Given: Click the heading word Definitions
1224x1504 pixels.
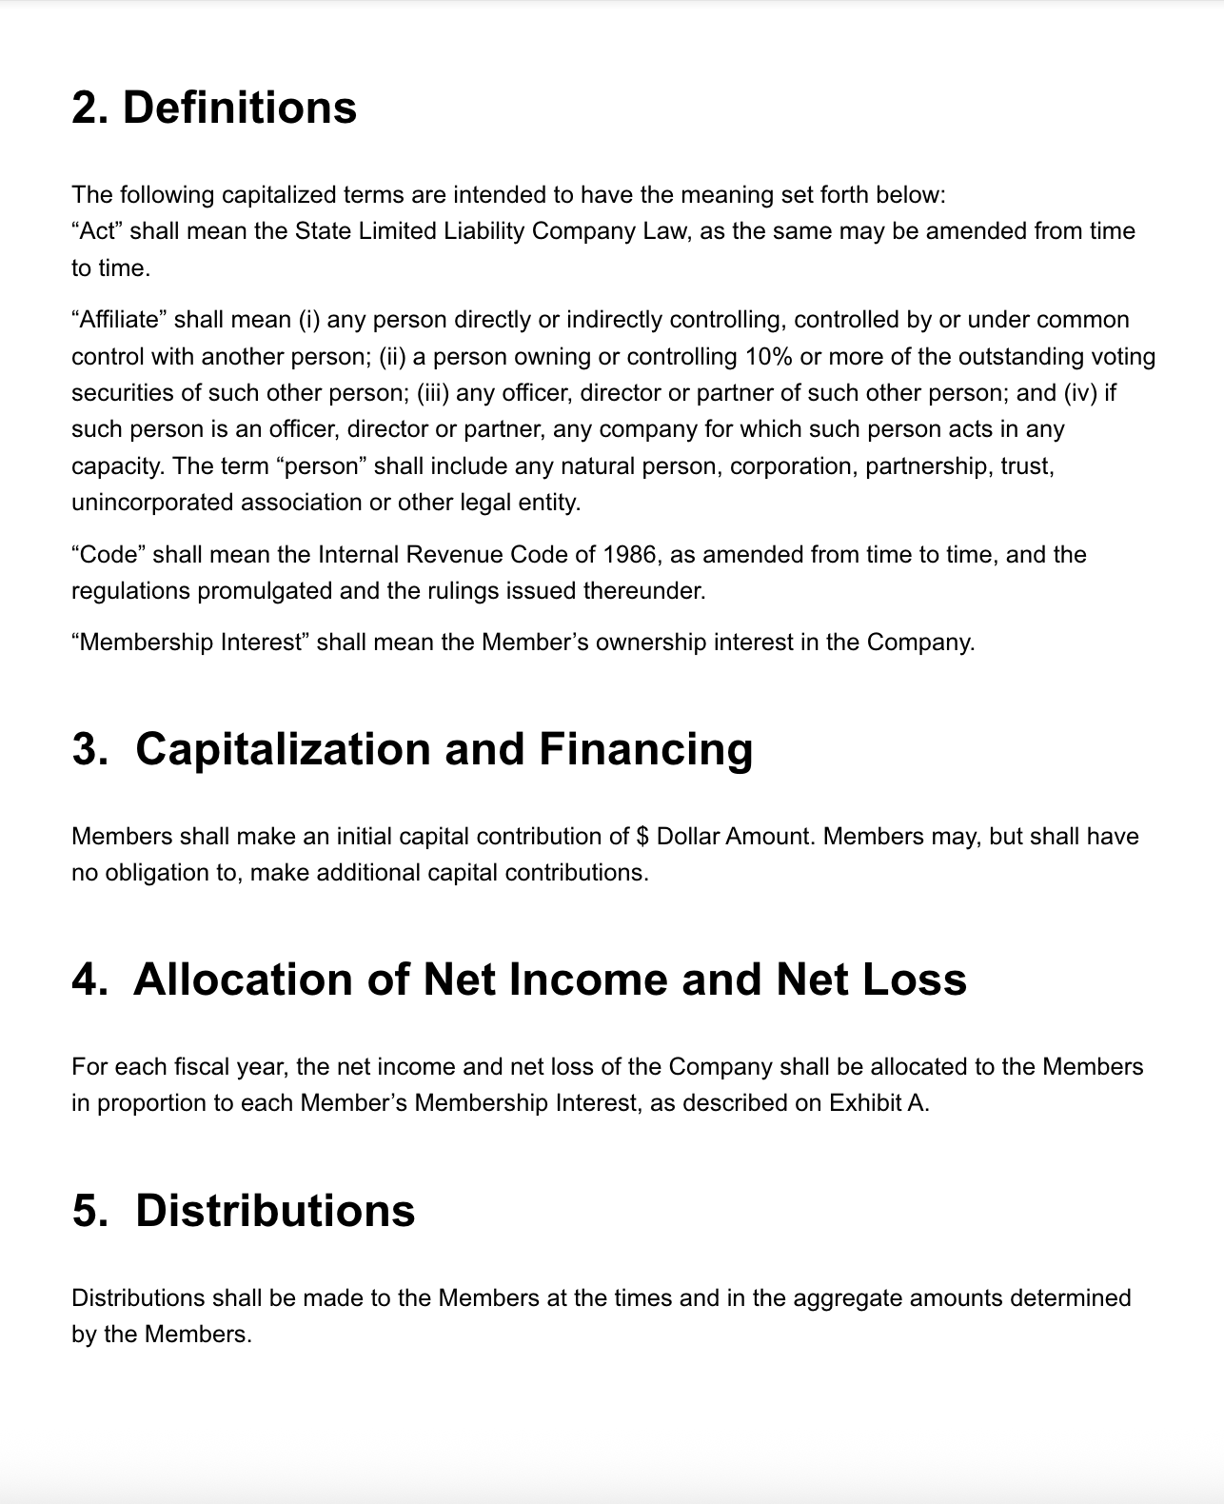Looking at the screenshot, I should click(240, 108).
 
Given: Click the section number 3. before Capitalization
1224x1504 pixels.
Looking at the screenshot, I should click(90, 749).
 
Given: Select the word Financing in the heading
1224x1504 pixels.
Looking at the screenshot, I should click(645, 749).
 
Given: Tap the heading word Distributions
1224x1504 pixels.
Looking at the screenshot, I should click(275, 1211).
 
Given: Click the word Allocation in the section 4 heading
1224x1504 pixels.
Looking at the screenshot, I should click(243, 980).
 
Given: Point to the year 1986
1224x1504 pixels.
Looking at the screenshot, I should click(629, 554).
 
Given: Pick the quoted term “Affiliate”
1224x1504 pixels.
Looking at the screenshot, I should click(119, 320).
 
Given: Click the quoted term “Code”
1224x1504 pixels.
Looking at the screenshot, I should click(109, 554).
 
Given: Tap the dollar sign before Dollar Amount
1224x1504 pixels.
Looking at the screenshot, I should click(642, 837).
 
